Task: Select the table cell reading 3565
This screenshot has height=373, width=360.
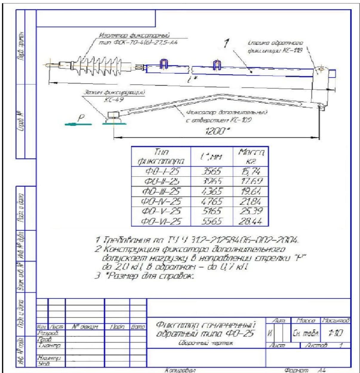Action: click(x=211, y=171)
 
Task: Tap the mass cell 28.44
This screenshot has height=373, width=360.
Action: click(x=251, y=221)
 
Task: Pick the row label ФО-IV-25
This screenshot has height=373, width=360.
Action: click(x=161, y=201)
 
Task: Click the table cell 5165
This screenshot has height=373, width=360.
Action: click(x=211, y=211)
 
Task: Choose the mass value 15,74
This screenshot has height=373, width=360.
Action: click(x=251, y=171)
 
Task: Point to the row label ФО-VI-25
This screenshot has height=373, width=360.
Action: click(x=161, y=221)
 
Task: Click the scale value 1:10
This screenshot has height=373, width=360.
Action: click(x=335, y=333)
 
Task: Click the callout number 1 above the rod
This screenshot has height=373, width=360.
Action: click(x=227, y=44)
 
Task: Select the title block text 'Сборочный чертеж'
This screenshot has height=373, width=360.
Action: click(x=206, y=343)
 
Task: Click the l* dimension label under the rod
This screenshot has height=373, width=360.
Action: click(x=194, y=79)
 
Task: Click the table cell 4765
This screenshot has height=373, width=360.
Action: click(x=211, y=201)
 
